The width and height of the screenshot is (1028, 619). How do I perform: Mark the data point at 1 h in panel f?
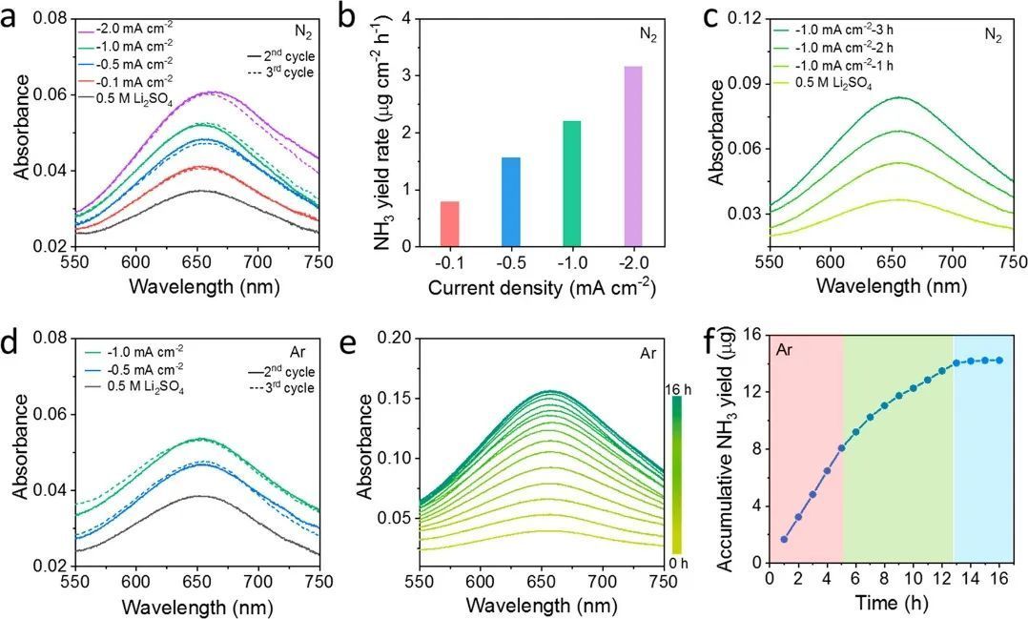click(784, 539)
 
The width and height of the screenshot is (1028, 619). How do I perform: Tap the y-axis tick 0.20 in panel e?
click(399, 338)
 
